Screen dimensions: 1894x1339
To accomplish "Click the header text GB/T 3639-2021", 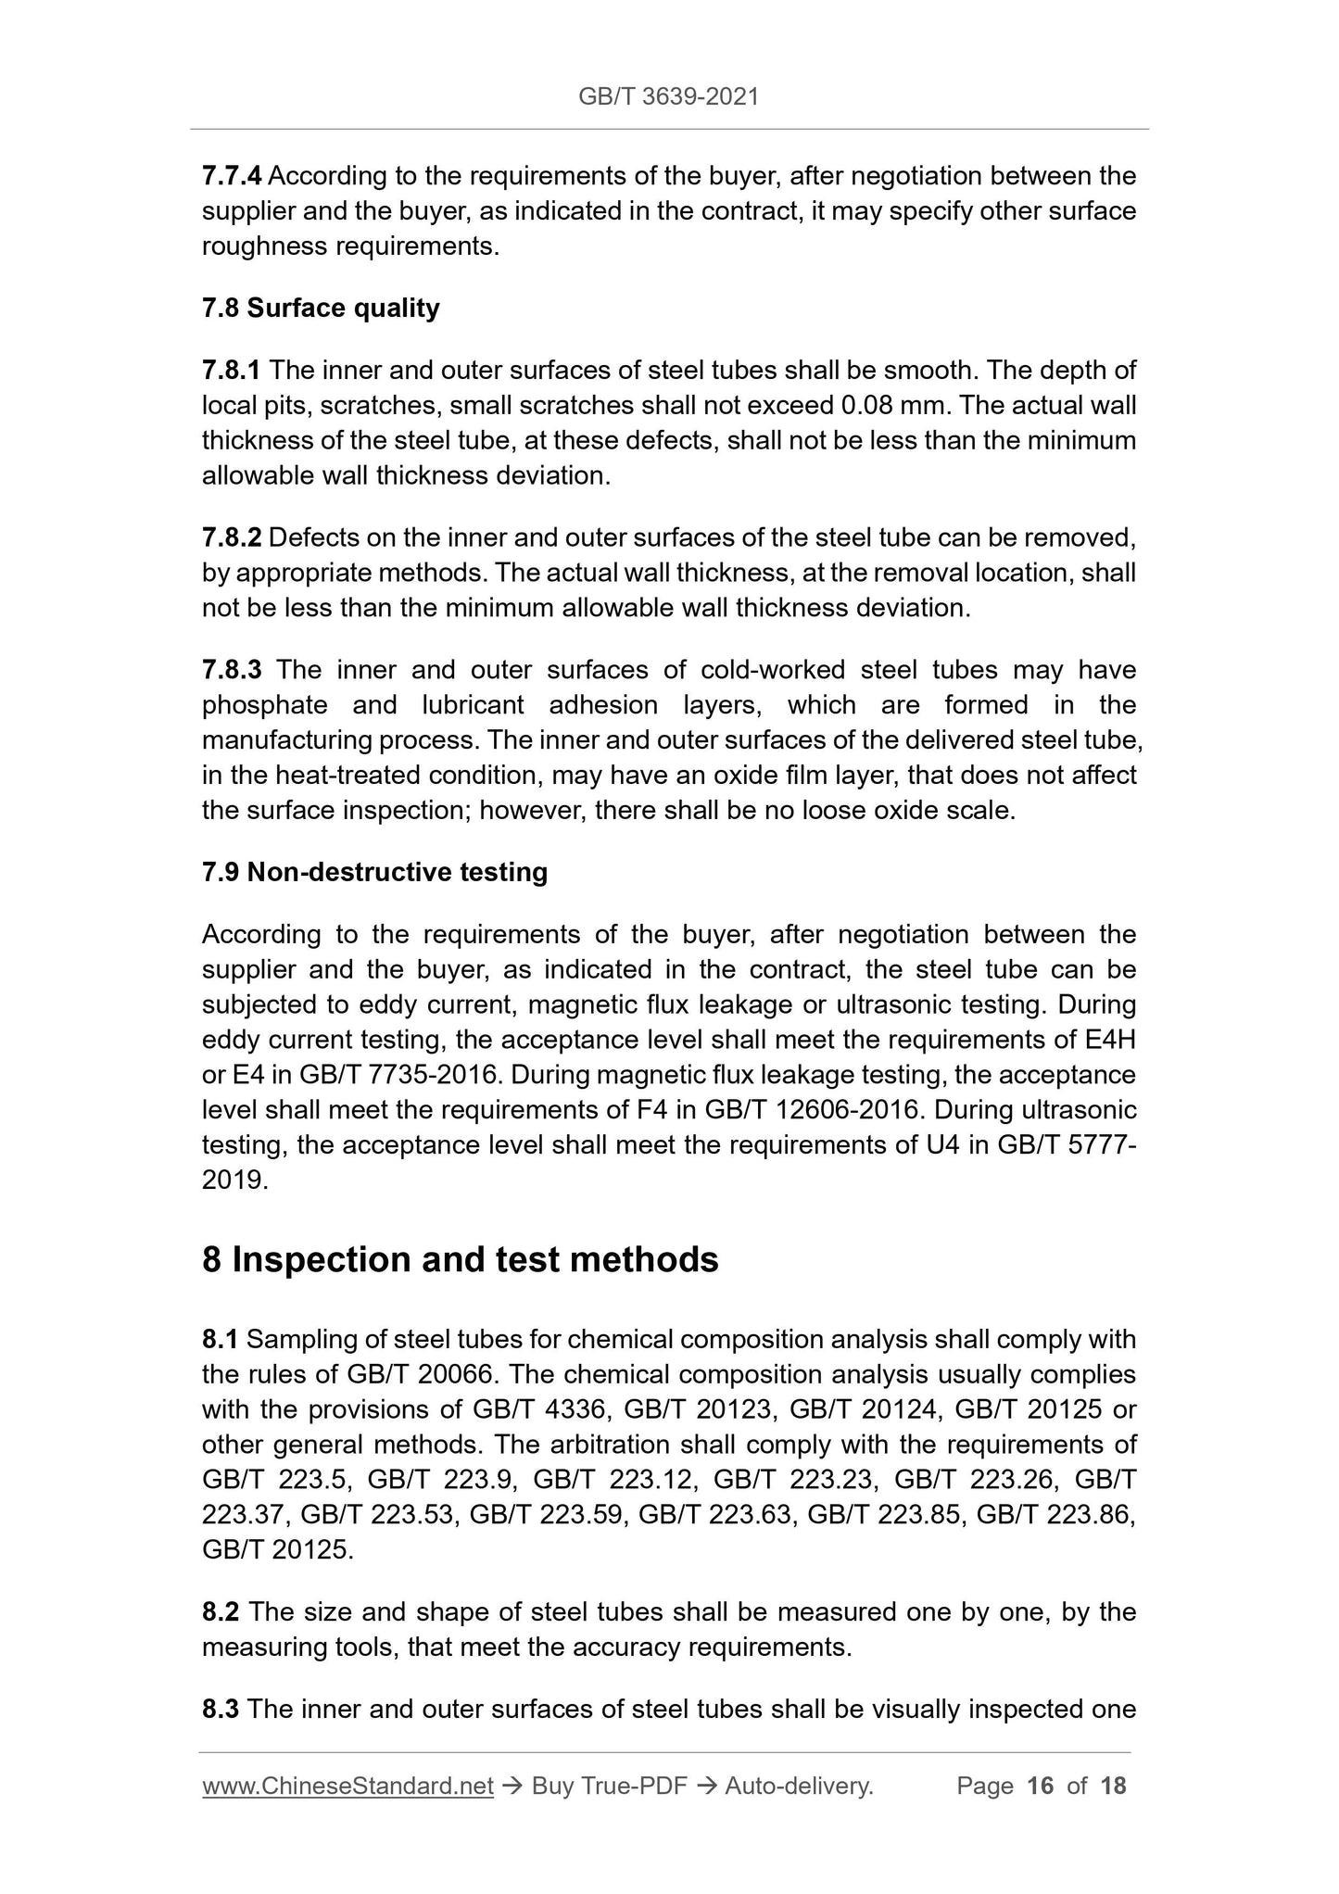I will [x=668, y=96].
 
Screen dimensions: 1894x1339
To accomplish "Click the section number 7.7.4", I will [x=232, y=175].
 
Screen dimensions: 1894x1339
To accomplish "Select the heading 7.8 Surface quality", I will [x=321, y=308].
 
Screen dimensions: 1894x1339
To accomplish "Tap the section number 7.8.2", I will [x=232, y=537].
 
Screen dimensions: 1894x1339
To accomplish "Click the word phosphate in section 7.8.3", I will [x=264, y=705].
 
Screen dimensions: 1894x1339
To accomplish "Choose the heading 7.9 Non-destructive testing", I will [x=374, y=872].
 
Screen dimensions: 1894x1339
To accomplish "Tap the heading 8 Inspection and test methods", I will [x=460, y=1260].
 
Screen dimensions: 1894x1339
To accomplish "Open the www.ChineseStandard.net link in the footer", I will [x=347, y=1786].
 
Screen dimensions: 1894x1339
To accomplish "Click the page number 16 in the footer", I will [x=1041, y=1786].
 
